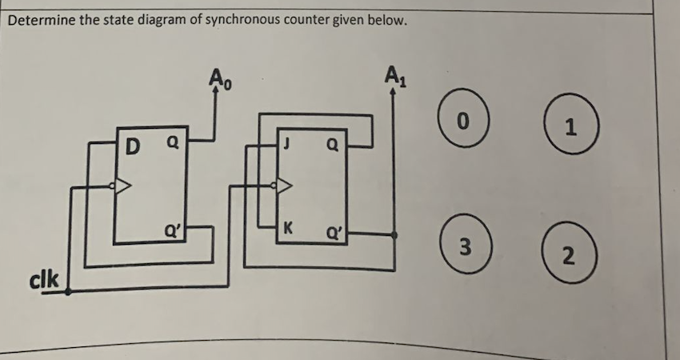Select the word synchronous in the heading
(x=239, y=20)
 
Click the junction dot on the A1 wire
(x=394, y=234)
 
